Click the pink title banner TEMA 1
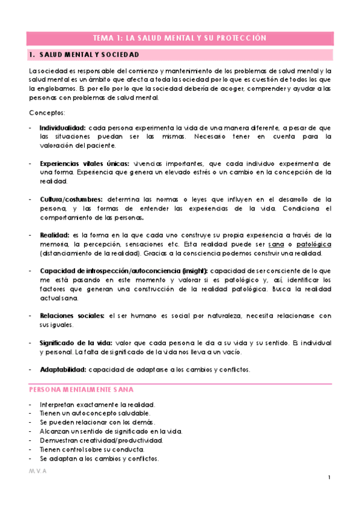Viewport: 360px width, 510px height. coord(180,37)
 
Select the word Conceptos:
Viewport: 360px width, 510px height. coord(47,113)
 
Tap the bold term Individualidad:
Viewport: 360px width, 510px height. coord(63,128)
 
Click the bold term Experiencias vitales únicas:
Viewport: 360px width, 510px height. coord(84,163)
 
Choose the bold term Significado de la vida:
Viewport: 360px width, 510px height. coord(78,342)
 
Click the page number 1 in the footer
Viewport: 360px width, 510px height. coord(329,478)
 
